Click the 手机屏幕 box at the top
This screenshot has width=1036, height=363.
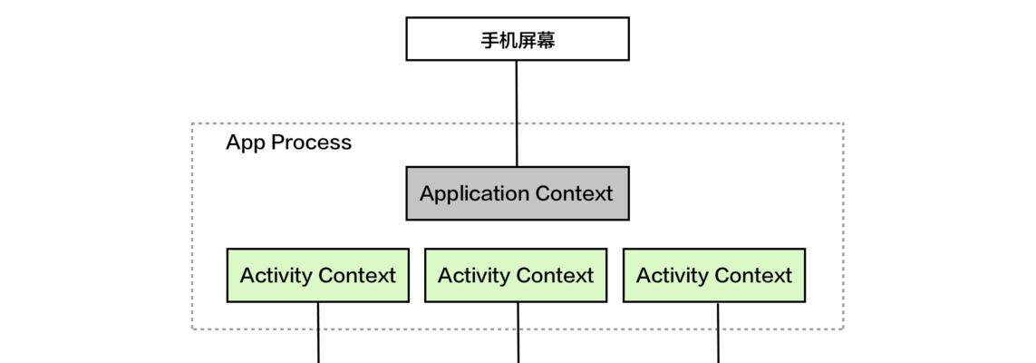pos(517,39)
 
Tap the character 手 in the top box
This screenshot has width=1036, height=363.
pos(489,40)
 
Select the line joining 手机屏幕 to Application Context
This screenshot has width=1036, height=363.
pos(517,113)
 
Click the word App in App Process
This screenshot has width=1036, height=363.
pos(245,142)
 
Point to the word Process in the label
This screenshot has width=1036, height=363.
pos(311,142)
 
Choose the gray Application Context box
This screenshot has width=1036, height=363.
pos(517,193)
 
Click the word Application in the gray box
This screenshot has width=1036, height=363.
pos(474,194)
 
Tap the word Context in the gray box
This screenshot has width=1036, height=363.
pos(574,193)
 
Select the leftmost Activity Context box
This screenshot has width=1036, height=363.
pos(317,275)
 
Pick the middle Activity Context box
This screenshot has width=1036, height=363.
pos(516,275)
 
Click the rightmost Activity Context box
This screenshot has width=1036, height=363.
pos(714,275)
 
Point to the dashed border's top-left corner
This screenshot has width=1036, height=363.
pos(192,123)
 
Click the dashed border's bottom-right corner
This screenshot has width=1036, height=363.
pos(843,329)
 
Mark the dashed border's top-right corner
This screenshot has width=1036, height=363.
pos(843,123)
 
